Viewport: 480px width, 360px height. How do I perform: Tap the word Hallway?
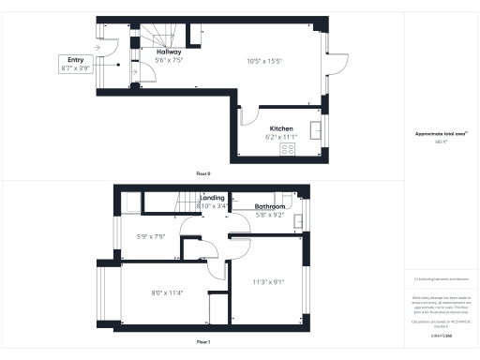pyautogui.click(x=169, y=52)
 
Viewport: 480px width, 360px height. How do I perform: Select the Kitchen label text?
pyautogui.click(x=281, y=128)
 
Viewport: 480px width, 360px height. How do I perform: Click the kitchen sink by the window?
pyautogui.click(x=317, y=129)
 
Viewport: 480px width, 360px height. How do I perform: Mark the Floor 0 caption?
pyautogui.click(x=203, y=174)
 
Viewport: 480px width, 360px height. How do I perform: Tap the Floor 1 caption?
pyautogui.click(x=203, y=342)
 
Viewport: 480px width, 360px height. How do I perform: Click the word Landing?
pyautogui.click(x=212, y=198)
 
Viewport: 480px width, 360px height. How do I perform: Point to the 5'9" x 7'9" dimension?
pyautogui.click(x=150, y=236)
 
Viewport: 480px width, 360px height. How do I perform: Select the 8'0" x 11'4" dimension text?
pyautogui.click(x=166, y=292)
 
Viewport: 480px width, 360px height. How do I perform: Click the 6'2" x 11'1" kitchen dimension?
pyautogui.click(x=281, y=137)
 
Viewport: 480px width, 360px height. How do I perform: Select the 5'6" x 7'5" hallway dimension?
pyautogui.click(x=169, y=60)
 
